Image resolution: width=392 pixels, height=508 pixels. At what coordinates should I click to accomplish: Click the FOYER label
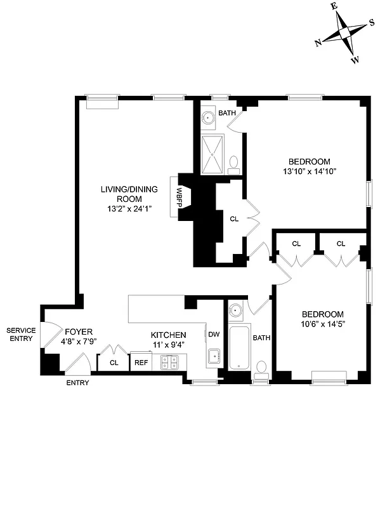click(x=78, y=332)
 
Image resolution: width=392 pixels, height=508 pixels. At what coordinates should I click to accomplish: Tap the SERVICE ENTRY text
click(x=21, y=335)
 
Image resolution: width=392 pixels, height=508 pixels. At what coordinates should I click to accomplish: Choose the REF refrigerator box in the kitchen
click(x=140, y=363)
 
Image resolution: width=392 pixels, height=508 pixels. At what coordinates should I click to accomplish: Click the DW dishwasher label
click(x=213, y=335)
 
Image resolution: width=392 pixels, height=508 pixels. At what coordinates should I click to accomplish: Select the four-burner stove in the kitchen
click(x=169, y=362)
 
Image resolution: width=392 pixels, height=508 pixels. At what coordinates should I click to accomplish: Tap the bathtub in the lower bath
click(x=240, y=349)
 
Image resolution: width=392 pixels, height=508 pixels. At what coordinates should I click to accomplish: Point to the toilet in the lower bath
click(x=261, y=368)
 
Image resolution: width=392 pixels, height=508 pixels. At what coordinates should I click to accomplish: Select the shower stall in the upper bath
click(x=212, y=152)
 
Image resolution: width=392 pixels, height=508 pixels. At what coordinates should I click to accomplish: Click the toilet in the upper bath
click(x=233, y=163)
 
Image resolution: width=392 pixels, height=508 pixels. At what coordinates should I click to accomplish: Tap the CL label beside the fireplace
click(x=234, y=218)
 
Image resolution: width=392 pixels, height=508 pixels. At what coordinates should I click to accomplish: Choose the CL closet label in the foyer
click(x=114, y=363)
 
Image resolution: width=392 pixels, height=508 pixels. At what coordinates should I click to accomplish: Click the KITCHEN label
click(x=168, y=335)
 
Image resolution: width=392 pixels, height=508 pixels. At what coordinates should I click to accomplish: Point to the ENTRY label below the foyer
click(x=77, y=383)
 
